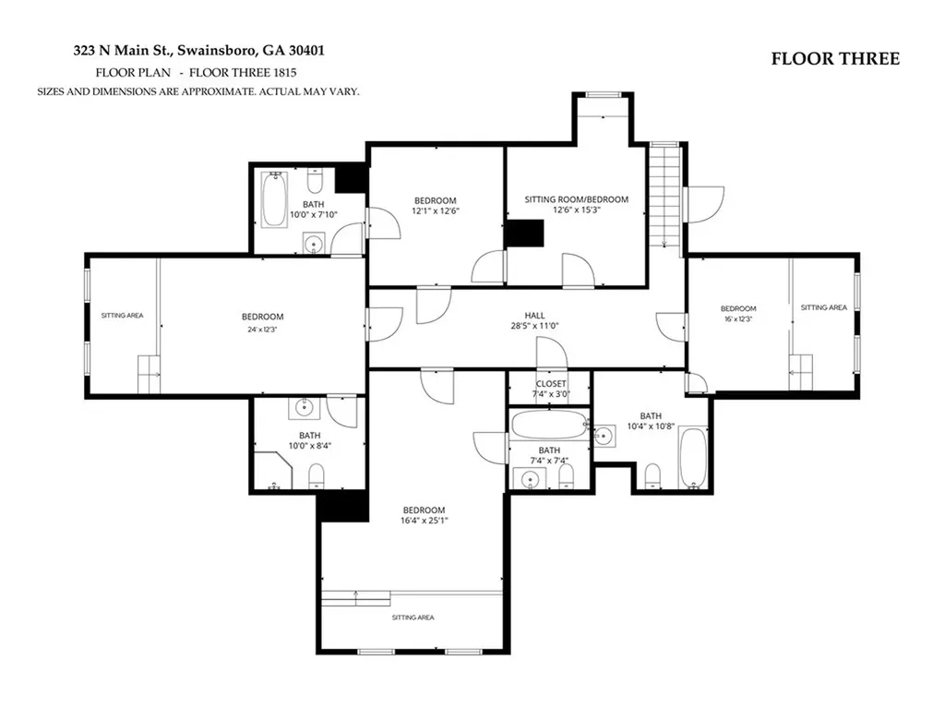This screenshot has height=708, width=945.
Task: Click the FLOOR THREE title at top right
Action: coord(835,58)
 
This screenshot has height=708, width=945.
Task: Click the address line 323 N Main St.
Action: coord(199,50)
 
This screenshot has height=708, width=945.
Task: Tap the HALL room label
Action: coord(534,316)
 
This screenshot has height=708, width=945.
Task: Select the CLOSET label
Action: coord(551,384)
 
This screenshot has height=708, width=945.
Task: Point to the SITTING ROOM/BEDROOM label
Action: coord(576,199)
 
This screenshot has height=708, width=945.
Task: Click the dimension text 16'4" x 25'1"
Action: coord(425,521)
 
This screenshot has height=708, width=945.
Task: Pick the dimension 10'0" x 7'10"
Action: coord(314,215)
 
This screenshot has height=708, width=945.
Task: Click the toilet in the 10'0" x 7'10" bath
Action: coord(316,180)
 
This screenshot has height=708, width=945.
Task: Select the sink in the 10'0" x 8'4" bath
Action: coord(304,408)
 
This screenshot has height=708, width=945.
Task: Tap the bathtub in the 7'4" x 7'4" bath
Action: coord(548,425)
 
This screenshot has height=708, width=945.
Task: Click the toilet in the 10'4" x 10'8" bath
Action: coord(652,476)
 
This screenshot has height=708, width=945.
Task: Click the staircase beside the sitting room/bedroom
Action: coord(664,195)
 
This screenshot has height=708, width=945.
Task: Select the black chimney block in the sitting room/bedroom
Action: coord(524,234)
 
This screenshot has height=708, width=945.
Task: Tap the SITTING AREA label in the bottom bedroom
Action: coord(413,618)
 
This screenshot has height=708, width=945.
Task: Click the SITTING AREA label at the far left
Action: coord(123,316)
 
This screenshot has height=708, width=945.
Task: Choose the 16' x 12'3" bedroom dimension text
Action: coord(738,319)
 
